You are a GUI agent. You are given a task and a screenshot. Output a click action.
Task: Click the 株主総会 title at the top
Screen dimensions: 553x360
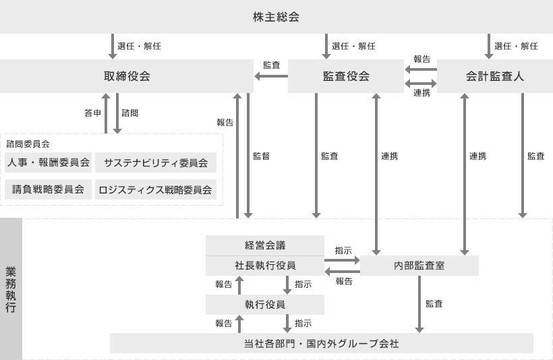click(276, 17)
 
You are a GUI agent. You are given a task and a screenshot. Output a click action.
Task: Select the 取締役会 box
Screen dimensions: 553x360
click(127, 76)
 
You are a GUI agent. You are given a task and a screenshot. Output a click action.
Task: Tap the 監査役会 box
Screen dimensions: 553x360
click(345, 76)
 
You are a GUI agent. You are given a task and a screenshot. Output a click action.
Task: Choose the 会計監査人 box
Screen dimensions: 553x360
click(495, 76)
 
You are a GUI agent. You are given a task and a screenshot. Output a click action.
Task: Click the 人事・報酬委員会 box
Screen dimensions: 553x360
click(49, 162)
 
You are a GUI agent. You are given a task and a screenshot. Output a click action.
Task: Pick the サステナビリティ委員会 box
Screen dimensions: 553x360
click(156, 162)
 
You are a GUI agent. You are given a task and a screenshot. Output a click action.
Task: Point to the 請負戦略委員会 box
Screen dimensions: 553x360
click(49, 189)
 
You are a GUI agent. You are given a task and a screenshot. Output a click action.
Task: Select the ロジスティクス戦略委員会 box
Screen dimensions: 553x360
click(156, 189)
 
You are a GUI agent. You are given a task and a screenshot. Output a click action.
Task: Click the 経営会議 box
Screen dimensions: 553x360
click(265, 245)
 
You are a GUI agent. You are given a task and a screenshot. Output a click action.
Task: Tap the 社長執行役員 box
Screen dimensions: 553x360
click(265, 266)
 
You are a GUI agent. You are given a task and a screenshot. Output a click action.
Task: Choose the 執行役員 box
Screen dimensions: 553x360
click(265, 305)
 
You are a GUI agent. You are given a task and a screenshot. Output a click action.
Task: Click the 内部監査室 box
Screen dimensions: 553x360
click(419, 266)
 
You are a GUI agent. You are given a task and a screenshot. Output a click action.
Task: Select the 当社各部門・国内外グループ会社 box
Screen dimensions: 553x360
click(321, 343)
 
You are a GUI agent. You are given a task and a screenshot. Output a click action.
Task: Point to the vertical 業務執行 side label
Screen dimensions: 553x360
click(11, 289)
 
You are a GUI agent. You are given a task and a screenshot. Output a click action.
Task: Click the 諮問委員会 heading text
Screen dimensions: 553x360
click(28, 144)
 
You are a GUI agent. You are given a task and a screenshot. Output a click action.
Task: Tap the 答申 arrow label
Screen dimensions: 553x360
click(93, 113)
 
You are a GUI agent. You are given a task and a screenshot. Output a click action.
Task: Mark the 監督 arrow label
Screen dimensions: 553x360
click(262, 156)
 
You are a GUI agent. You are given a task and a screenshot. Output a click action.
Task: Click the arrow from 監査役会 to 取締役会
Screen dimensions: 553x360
click(271, 76)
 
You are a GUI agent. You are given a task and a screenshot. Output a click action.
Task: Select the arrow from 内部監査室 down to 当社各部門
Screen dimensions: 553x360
click(419, 304)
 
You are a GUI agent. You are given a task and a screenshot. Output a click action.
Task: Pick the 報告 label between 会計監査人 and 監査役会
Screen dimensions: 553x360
click(421, 59)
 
